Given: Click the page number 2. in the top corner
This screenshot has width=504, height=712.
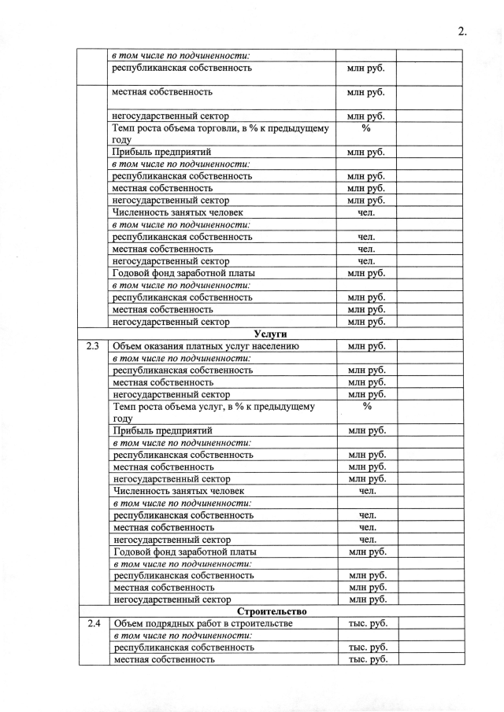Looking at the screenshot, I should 462,31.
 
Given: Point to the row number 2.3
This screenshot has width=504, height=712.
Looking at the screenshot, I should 93,346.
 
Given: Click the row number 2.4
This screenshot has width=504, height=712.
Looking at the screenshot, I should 94,624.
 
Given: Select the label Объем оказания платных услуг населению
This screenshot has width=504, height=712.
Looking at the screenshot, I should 206,346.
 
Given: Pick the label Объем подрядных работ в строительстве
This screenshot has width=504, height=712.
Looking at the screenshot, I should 203,624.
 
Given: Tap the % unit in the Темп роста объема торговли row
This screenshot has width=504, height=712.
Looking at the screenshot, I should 366,127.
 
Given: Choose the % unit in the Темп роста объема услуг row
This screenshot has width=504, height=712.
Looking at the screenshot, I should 367,406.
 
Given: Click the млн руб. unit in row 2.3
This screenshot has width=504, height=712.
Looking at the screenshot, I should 367,346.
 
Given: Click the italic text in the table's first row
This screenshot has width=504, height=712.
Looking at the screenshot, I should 180,56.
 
